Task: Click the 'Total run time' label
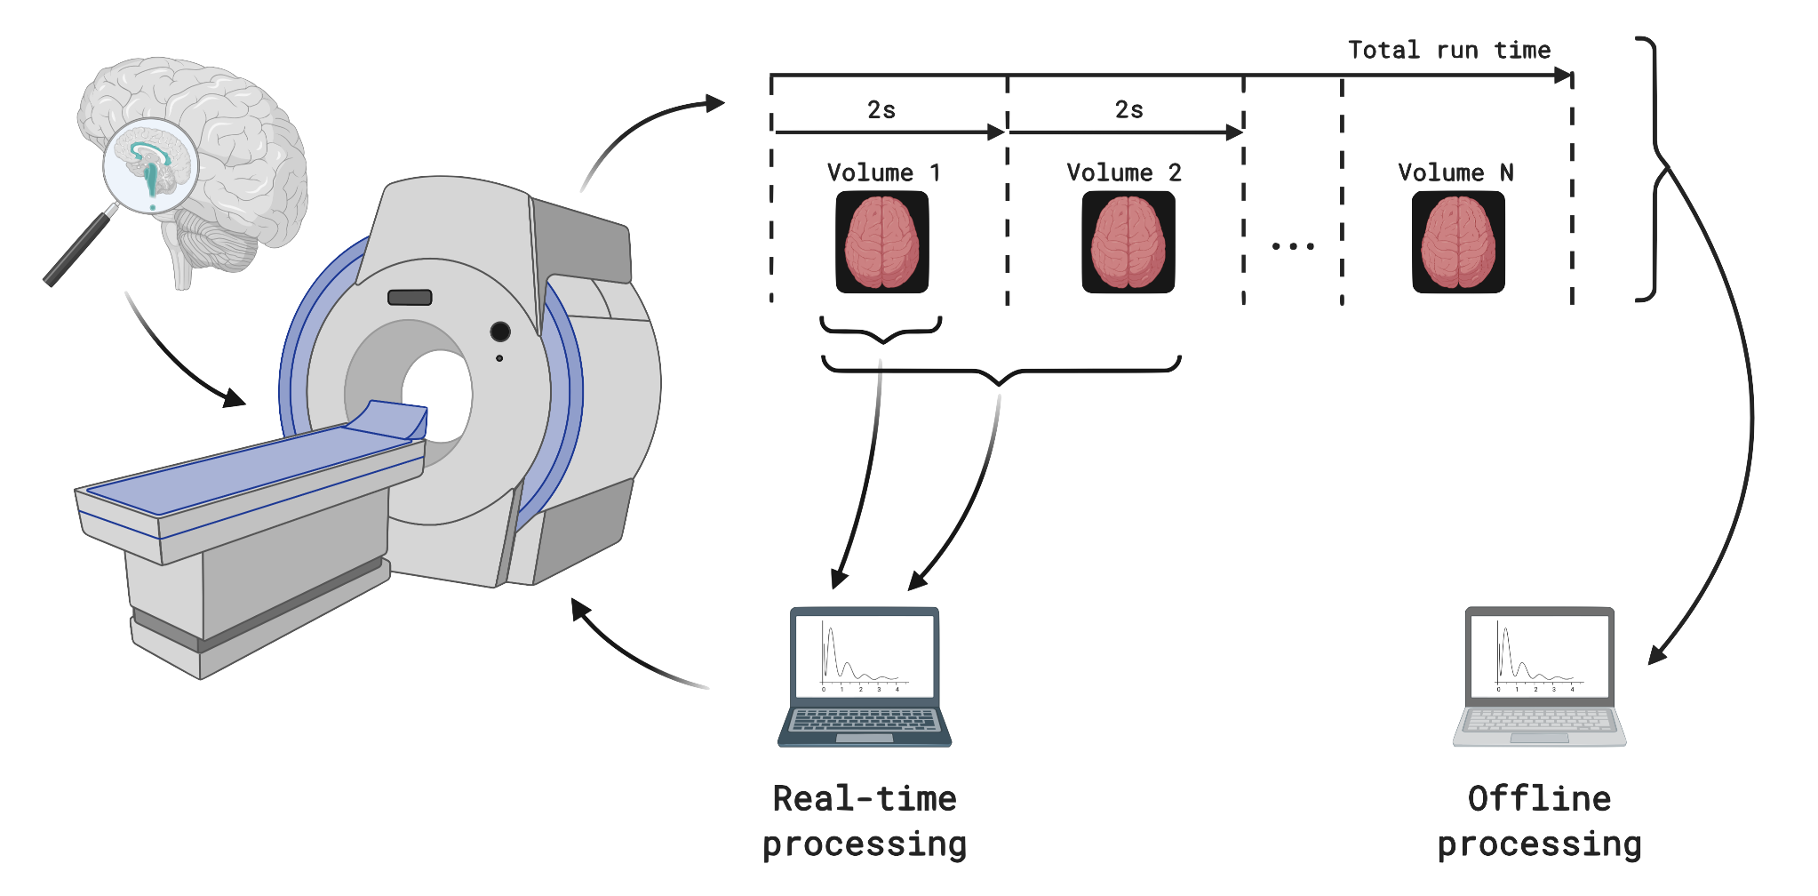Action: tap(1449, 50)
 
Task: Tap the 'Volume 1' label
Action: tap(883, 172)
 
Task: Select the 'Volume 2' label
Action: tap(1124, 172)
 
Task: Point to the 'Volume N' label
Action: tap(1455, 172)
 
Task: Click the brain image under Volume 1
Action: tap(882, 242)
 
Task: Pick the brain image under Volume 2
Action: tap(1128, 242)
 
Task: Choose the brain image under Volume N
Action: tap(1458, 242)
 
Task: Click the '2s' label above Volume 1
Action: tap(881, 110)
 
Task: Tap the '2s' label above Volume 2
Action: tap(1129, 110)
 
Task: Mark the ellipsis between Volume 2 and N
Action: tap(1293, 246)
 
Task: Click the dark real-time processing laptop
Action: tap(865, 676)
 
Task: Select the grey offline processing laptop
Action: tap(1540, 676)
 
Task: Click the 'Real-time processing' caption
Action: tap(865, 820)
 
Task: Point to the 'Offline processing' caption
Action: tap(1540, 820)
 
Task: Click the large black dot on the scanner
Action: tap(500, 332)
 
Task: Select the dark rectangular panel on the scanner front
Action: tap(410, 298)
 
